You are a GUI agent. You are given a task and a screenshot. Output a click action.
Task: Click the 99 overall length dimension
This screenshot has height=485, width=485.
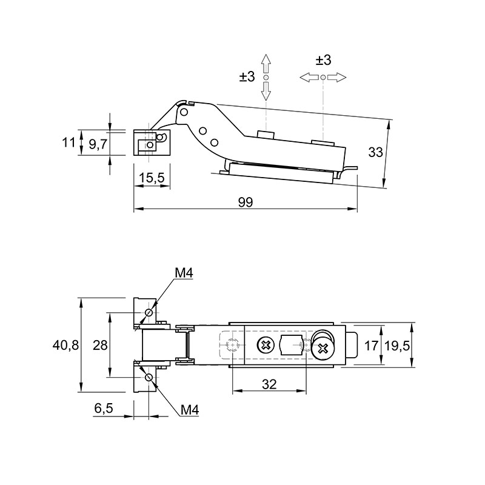point(246,202)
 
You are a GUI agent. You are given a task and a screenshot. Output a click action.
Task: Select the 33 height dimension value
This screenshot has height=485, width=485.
point(375,152)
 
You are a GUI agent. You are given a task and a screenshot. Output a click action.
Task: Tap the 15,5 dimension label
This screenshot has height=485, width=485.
point(152,178)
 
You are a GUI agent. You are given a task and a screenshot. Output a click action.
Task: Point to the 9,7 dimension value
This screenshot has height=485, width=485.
point(98,144)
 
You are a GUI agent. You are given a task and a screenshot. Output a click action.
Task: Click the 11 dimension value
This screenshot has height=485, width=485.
point(69,142)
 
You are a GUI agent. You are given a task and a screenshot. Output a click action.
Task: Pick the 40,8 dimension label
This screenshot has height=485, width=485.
point(65,345)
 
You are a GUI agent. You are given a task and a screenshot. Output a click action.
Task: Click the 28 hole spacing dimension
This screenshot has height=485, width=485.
point(100,345)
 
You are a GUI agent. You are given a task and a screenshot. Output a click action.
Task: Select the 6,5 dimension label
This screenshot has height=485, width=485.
point(104,408)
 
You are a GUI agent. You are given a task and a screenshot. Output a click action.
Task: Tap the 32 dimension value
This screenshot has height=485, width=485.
point(269,384)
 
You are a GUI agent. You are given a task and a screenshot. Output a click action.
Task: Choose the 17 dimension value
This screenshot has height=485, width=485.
point(371,346)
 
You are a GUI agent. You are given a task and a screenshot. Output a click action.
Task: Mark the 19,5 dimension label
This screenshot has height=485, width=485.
point(397,346)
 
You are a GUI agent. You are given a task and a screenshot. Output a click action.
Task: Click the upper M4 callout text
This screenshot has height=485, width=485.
point(184,273)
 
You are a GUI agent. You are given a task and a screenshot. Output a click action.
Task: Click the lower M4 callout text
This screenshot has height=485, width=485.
point(190,410)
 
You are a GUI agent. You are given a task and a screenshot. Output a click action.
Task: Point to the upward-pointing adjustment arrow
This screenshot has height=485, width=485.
point(266,64)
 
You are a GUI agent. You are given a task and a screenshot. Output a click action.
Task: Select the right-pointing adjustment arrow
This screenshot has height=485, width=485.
point(336,78)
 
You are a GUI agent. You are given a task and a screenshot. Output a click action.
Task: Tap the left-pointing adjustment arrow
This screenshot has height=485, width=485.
point(309,78)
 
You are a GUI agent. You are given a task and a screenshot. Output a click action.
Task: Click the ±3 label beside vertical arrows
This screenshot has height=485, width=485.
point(247,76)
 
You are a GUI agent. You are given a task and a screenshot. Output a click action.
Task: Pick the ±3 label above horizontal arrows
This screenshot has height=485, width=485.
point(323,60)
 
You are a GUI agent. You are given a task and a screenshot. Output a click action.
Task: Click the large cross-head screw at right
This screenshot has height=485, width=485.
point(323,349)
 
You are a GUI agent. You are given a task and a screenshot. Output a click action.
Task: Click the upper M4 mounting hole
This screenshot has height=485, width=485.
point(149,312)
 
